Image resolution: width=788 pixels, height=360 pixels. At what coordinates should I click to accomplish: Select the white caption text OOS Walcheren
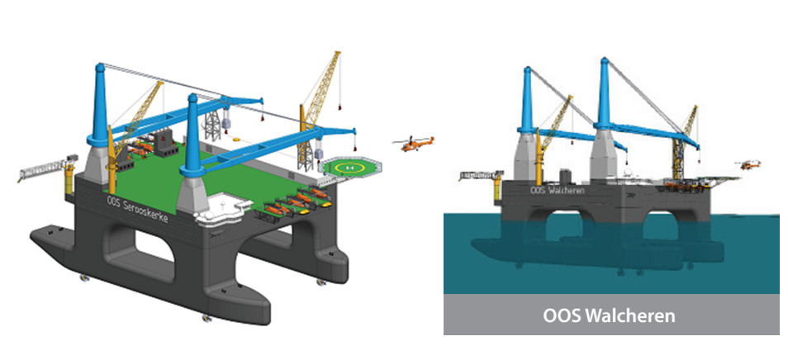[x=611, y=315]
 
